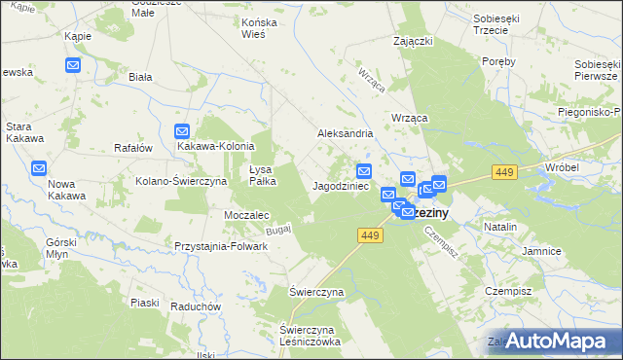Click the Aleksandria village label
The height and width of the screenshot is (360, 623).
pos(346,133)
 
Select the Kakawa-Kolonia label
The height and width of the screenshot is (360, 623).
pos(215,146)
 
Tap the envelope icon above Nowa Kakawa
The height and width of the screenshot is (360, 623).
pos(38,167)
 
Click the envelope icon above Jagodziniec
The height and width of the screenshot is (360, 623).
pos(364,169)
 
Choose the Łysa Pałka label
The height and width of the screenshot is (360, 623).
pos(264,174)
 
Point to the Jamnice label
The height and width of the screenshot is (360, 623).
pos(541,251)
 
